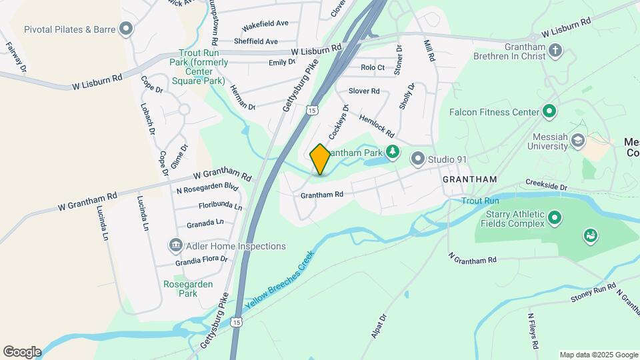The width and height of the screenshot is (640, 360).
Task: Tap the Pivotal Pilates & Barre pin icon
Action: [x=125, y=29]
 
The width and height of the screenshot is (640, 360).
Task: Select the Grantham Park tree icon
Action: [x=393, y=153]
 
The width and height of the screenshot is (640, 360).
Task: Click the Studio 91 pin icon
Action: [x=418, y=159]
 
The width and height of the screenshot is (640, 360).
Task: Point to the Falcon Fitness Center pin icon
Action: [x=549, y=111]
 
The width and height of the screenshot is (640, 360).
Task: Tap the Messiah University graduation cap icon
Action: [x=577, y=140]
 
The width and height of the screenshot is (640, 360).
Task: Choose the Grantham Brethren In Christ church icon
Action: [x=555, y=50]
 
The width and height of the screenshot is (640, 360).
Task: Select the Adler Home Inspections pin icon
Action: [x=175, y=246]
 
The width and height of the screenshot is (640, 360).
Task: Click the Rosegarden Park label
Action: [x=189, y=289]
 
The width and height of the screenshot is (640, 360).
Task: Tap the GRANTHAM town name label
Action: [x=470, y=180]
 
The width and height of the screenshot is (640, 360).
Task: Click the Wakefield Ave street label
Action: [x=265, y=24]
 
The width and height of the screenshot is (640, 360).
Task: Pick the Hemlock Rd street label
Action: [x=377, y=125]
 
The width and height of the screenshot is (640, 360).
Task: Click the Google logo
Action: [x=22, y=351]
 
